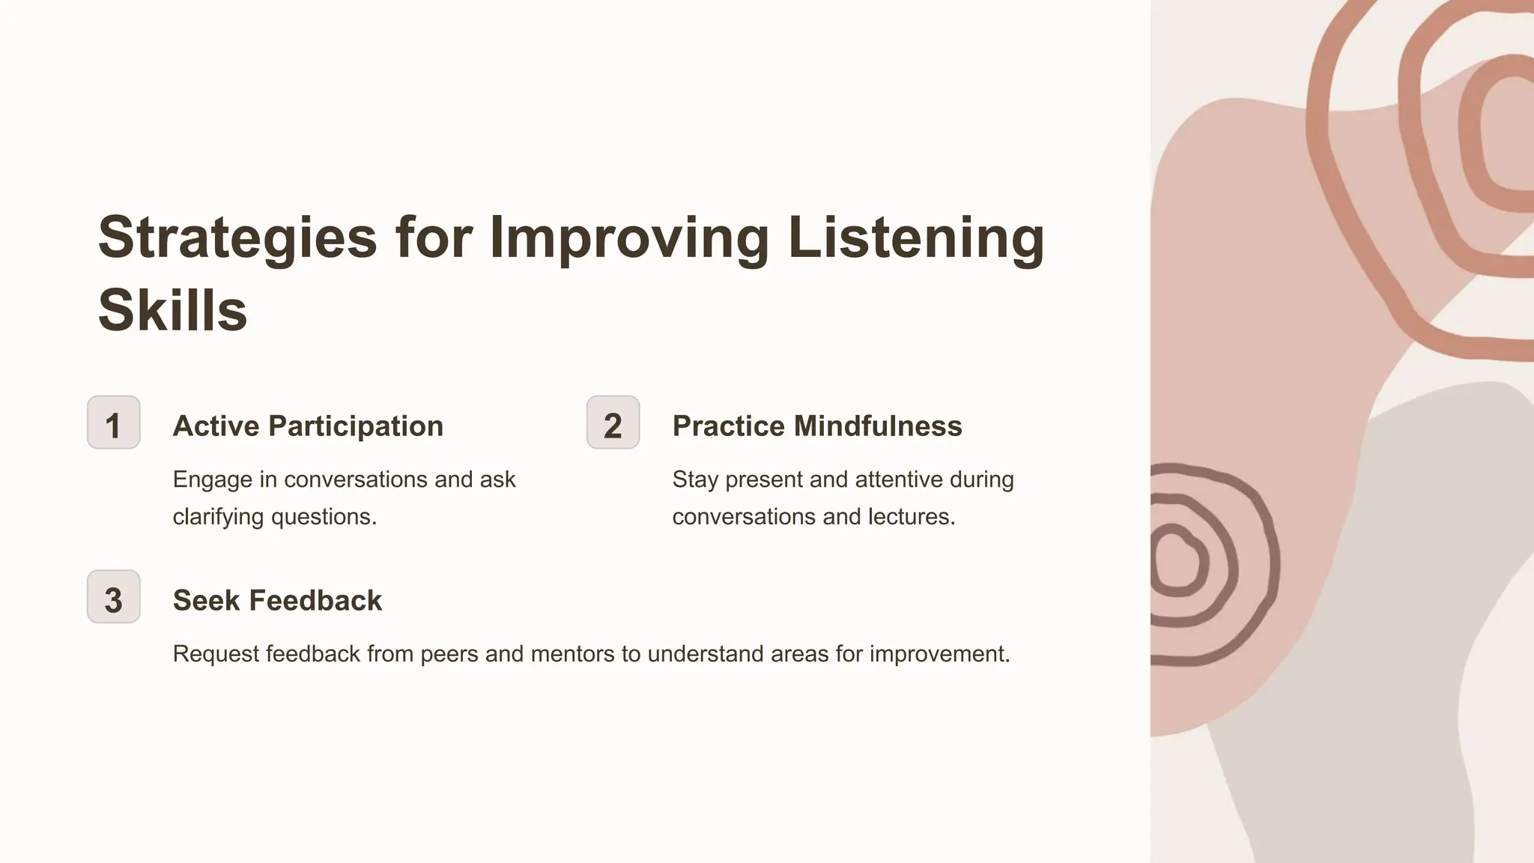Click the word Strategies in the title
pyautogui.click(x=237, y=238)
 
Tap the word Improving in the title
pyautogui.click(x=629, y=238)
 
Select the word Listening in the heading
pyautogui.click(x=915, y=238)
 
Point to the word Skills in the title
pyautogui.click(x=172, y=310)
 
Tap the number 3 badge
pyautogui.click(x=114, y=597)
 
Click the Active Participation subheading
pyautogui.click(x=308, y=426)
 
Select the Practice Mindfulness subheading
pyautogui.click(x=817, y=426)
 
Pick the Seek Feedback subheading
pyautogui.click(x=277, y=601)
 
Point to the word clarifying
pyautogui.click(x=219, y=517)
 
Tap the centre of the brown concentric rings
pyautogui.click(x=1177, y=563)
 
